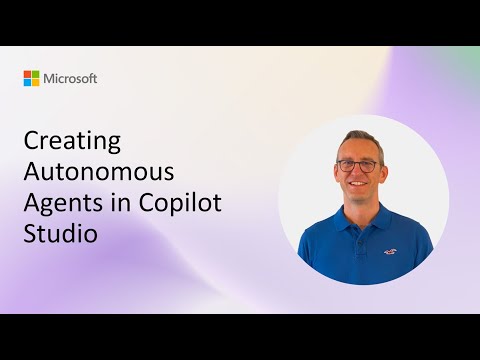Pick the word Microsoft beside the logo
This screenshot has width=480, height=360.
pyautogui.click(x=70, y=78)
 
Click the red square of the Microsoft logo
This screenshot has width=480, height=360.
pyautogui.click(x=28, y=74)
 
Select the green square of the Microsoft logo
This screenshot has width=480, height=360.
pyautogui.click(x=36, y=74)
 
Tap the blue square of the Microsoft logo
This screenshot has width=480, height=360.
pyautogui.click(x=28, y=82)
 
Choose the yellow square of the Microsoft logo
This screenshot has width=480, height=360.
pyautogui.click(x=36, y=82)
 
